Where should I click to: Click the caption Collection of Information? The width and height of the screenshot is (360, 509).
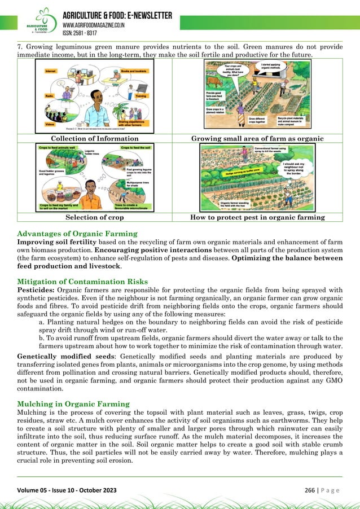click(x=95, y=138)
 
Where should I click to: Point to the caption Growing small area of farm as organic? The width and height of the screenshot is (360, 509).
click(x=257, y=138)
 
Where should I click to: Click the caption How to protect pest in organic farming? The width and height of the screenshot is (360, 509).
click(x=257, y=217)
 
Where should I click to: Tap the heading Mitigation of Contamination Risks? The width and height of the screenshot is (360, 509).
click(x=82, y=282)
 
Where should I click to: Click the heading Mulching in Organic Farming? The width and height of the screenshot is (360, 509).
click(x=73, y=404)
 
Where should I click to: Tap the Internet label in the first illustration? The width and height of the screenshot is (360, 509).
click(x=51, y=72)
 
